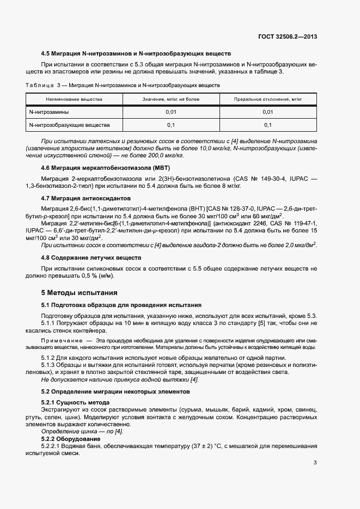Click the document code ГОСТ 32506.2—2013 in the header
point(288,37)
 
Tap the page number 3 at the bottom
point(315,463)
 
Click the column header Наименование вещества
point(74,100)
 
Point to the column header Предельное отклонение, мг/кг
point(267,100)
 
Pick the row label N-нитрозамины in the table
point(49,112)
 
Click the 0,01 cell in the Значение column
point(171,112)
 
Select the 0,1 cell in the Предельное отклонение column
point(267,125)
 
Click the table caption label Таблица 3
point(44,85)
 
